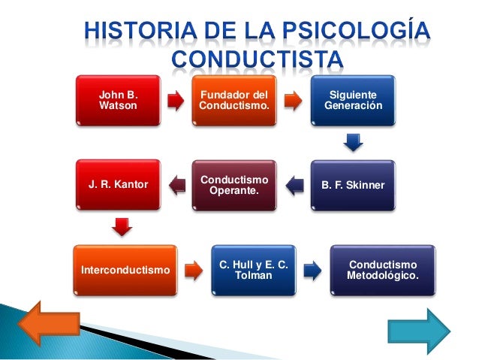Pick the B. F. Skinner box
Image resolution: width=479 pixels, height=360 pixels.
(353, 184)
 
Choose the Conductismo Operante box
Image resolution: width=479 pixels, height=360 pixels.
(233, 184)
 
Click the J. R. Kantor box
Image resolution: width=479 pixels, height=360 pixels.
(119, 184)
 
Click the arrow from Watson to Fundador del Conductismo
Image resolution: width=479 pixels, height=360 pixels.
(175, 101)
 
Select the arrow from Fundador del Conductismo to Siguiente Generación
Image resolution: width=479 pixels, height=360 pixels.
(292, 101)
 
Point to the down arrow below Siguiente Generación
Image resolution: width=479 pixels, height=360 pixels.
(353, 142)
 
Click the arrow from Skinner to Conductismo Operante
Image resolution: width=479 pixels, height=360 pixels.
(294, 185)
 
